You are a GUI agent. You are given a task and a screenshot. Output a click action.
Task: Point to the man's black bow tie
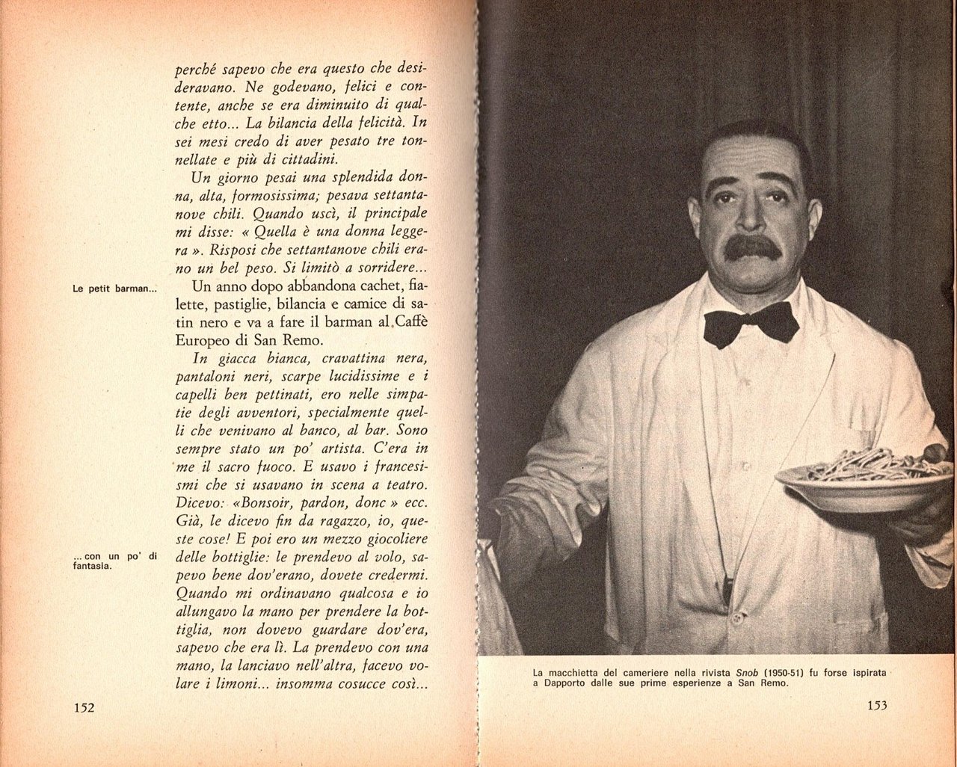(751, 322)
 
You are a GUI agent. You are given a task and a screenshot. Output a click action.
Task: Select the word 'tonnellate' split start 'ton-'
(410, 141)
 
